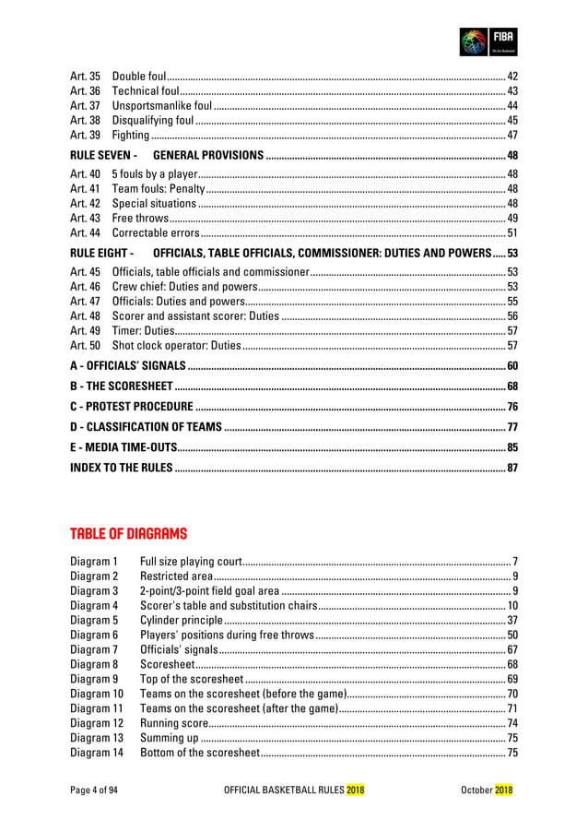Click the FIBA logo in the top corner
[x=488, y=42]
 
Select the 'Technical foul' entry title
[x=145, y=90]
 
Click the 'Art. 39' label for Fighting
[x=85, y=136]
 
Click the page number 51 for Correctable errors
[x=512, y=233]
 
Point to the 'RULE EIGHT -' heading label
[x=102, y=253]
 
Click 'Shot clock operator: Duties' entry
[x=175, y=346]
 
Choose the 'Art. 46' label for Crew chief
[x=85, y=287]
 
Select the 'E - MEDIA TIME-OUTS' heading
[x=124, y=447]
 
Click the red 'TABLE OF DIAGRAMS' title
[x=128, y=534]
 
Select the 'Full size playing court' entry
[x=190, y=561]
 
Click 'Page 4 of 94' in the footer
[x=95, y=790]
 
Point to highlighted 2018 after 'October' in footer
[x=504, y=790]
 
